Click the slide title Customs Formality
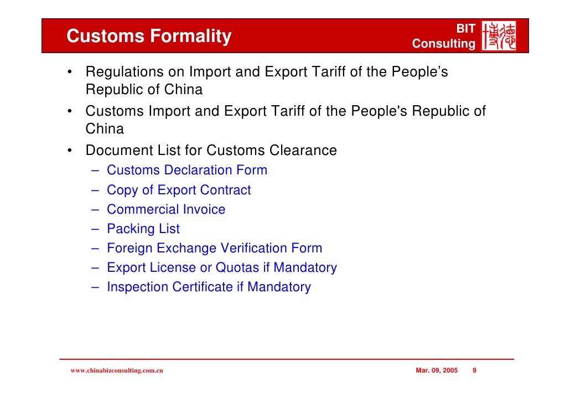(x=149, y=37)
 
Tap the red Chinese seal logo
(x=499, y=37)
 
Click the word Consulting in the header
(x=443, y=44)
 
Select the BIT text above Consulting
(x=465, y=28)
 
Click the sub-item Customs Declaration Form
(x=186, y=170)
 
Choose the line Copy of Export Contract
(x=178, y=190)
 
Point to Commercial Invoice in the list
(x=166, y=210)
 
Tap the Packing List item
(x=143, y=229)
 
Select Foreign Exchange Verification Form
(x=214, y=249)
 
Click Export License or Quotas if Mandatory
(x=221, y=268)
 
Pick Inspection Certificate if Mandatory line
(x=209, y=287)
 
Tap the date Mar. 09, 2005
(x=436, y=370)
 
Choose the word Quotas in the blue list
(x=237, y=268)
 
